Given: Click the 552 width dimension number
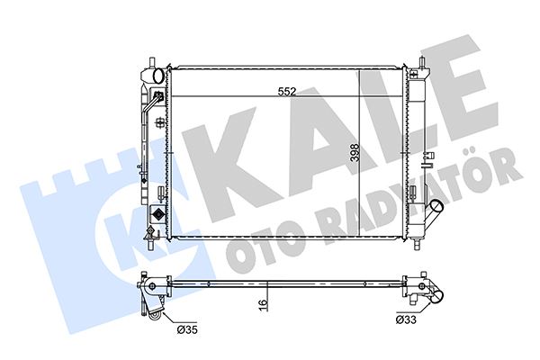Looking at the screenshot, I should pyautogui.click(x=287, y=91).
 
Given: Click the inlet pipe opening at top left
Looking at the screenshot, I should pyautogui.click(x=153, y=75).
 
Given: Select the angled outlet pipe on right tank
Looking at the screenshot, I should pyautogui.click(x=433, y=217).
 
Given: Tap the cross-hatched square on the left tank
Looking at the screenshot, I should pyautogui.click(x=158, y=217).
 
